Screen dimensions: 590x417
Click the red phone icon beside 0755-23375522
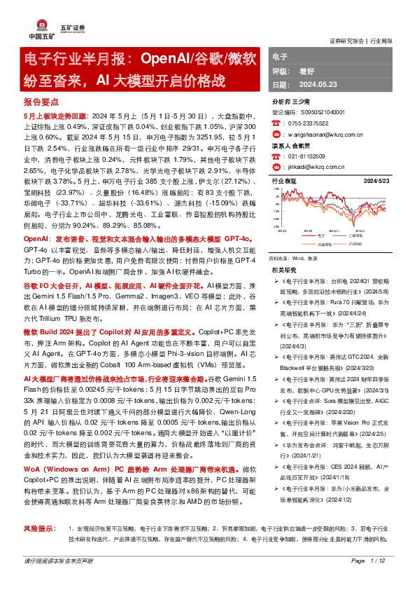275,121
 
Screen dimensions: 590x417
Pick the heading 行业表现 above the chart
284,181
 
